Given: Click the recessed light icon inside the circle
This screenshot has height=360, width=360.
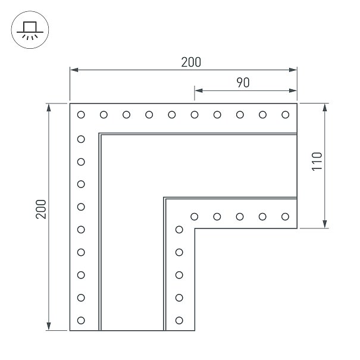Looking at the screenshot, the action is click(30, 30).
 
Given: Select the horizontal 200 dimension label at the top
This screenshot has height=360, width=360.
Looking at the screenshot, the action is click(191, 62).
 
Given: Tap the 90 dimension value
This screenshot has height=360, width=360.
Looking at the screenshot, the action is click(243, 83).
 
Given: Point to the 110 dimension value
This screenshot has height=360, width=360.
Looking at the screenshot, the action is click(317, 161).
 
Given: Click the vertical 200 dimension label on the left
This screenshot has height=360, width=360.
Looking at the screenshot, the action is click(41, 209).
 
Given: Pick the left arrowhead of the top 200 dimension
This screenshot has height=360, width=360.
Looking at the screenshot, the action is click(74, 70).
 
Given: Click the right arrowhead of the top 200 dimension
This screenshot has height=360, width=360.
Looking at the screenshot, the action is click(293, 70).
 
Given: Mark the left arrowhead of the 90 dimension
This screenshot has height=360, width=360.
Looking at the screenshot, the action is click(199, 90).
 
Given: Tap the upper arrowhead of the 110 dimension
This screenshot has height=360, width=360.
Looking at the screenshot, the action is click(325, 108).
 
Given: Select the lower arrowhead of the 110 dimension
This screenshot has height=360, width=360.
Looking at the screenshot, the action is click(325, 224).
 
